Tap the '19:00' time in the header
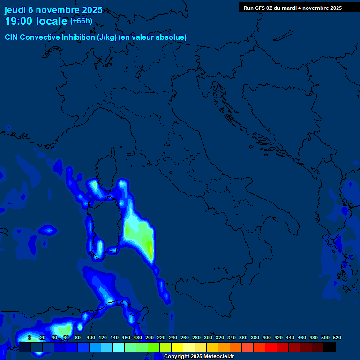pyautogui.click(x=18, y=21)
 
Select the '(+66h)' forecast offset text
pyautogui.click(x=81, y=21)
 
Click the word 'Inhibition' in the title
pyautogui.click(x=79, y=37)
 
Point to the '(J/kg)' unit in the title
pyautogui.click(x=107, y=37)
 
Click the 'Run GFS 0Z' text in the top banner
pyautogui.click(x=258, y=8)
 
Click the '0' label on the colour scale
pyautogui.click(x=30, y=337)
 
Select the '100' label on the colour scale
pyautogui.click(x=91, y=337)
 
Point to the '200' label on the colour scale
pyautogui.click(x=150, y=337)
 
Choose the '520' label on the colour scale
pyautogui.click(x=337, y=337)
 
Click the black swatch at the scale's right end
pyautogui.click(x=330, y=347)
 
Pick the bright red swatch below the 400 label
pyautogui.click(x=271, y=347)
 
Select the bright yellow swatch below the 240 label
pyautogui.click(x=177, y=347)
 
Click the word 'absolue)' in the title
pyautogui.click(x=173, y=37)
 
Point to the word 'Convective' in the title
pyautogui.click(x=40, y=37)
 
